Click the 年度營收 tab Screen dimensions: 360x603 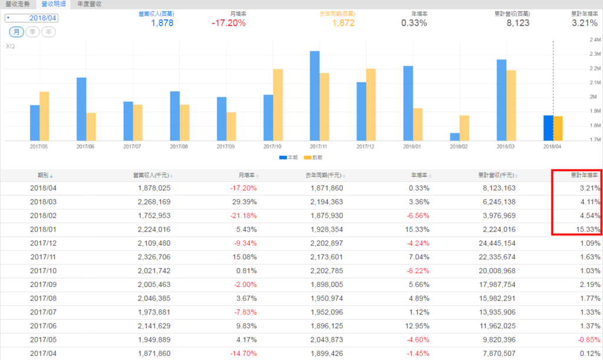90,4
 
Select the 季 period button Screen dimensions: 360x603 32,32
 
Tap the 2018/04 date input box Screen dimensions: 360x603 39,18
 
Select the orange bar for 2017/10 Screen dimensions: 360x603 277,105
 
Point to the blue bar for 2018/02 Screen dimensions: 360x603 455,137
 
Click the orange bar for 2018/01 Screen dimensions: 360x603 418,124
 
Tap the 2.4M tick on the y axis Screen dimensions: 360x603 594,39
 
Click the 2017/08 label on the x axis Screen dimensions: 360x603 179,146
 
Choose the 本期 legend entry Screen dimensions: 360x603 289,157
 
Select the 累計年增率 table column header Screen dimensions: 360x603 584,175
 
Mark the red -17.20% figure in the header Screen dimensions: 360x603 228,23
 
